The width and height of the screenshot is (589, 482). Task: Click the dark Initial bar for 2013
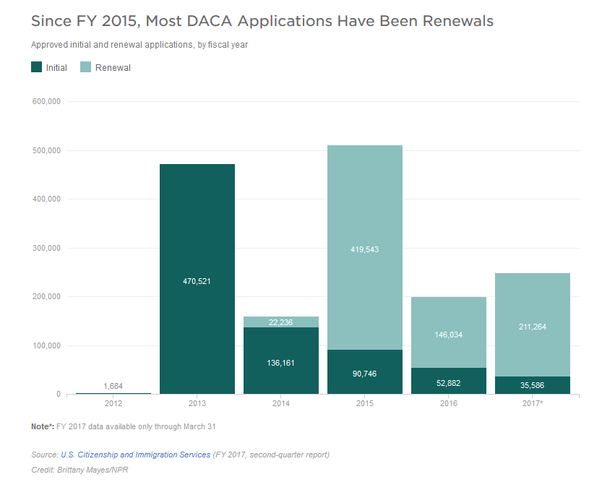click(197, 231)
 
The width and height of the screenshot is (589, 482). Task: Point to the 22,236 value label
click(280, 322)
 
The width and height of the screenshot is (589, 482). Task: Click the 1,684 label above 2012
click(113, 386)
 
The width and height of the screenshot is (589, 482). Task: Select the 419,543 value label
click(364, 249)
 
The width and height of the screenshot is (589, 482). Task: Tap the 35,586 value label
click(532, 385)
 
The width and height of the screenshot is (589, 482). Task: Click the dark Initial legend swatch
click(36, 67)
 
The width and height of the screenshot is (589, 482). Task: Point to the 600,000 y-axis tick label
click(46, 102)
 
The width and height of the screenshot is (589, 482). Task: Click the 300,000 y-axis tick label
click(46, 248)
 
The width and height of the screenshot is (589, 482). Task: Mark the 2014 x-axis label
click(280, 403)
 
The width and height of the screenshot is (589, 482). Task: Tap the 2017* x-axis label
click(532, 403)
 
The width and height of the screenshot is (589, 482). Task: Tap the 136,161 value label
click(280, 363)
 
